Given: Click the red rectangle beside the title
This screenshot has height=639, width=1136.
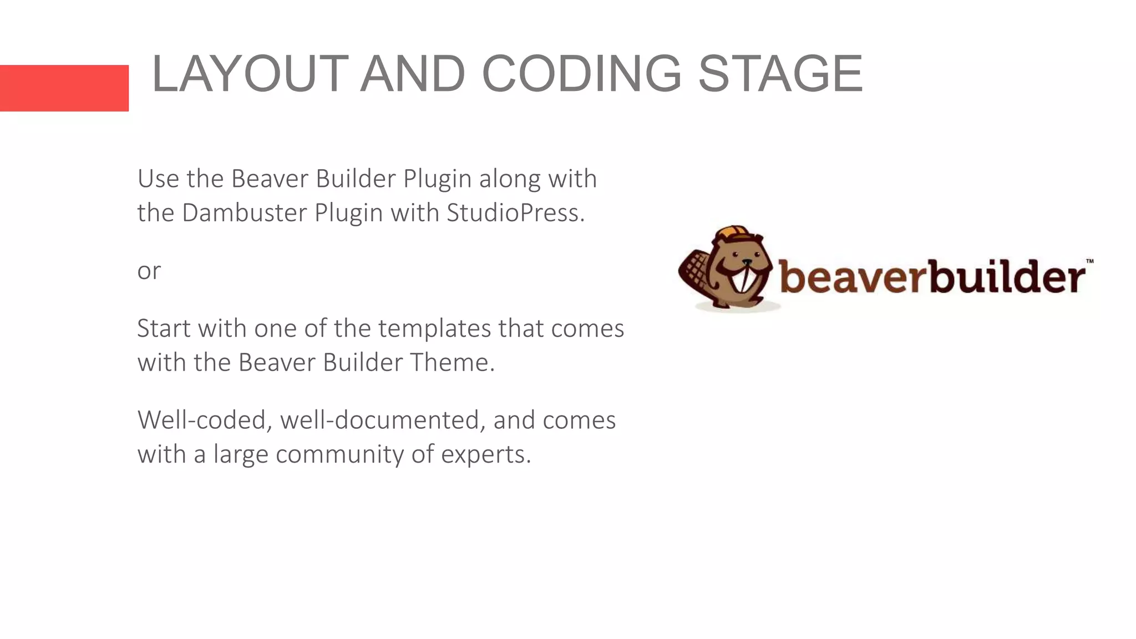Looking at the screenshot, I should click(x=64, y=88).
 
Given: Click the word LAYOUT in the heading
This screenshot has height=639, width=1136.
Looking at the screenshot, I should click(x=250, y=74).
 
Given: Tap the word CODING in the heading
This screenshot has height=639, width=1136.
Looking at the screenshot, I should click(x=581, y=74).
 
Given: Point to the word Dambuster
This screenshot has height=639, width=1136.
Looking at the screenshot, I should click(x=244, y=213).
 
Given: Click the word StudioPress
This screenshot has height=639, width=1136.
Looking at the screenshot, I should click(x=515, y=213).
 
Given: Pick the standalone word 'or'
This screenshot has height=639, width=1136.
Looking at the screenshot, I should click(x=149, y=271).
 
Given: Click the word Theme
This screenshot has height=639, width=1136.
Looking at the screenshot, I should click(x=452, y=363).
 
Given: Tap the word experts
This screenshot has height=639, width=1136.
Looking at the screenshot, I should click(x=486, y=455).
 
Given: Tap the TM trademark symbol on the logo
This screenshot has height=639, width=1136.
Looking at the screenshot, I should click(x=1089, y=261).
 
